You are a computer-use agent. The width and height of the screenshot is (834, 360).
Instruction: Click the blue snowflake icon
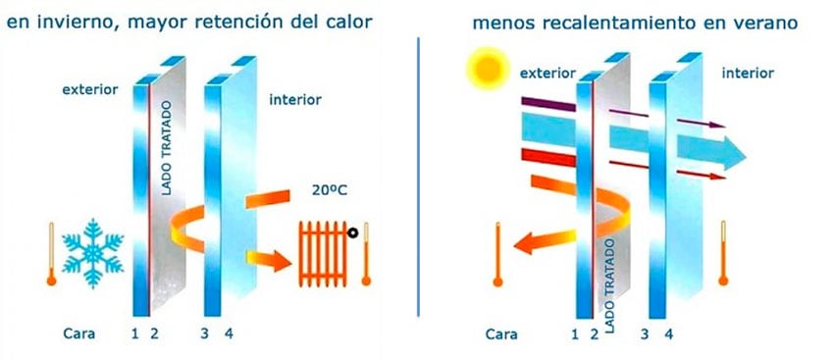point(93,249)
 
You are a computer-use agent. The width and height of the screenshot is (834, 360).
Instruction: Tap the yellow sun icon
point(483,71)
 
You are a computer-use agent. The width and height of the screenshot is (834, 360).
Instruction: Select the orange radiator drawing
point(327,251)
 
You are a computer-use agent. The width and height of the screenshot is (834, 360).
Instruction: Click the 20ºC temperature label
point(329,192)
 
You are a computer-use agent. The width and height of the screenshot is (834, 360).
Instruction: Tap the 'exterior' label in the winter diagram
point(89,89)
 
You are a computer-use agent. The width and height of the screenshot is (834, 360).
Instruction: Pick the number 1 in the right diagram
point(575,334)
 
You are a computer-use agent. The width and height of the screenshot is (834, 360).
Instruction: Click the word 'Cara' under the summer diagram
point(502,334)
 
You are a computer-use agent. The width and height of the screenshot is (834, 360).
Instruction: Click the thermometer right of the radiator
point(367,252)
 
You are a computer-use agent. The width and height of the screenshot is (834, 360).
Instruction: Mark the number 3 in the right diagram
point(645,334)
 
